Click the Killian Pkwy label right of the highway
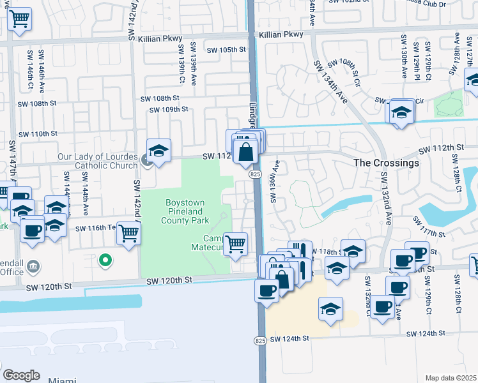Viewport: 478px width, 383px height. pos(281,36)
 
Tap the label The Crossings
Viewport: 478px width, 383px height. pos(387,163)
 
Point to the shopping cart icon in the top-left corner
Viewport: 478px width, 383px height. pos(20,20)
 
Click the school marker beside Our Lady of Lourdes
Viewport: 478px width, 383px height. pos(158,151)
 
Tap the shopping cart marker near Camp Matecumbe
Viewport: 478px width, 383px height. pos(236,243)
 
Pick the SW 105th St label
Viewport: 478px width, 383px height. pos(226,50)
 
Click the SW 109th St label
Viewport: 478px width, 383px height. pos(169,109)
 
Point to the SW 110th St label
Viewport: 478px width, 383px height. pos(38,134)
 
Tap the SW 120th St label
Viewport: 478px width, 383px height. pos(169,280)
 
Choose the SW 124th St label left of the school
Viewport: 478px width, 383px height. pos(289,338)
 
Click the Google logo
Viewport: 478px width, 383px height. pos(21,375)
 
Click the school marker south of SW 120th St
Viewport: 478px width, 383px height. pos(330,310)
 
